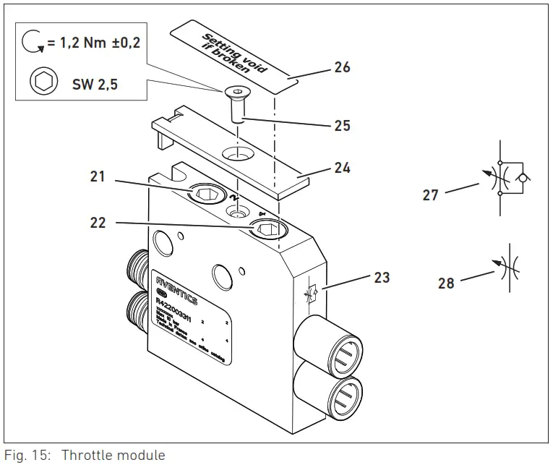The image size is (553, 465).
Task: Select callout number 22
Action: click(97, 223)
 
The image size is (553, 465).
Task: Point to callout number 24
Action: click(342, 168)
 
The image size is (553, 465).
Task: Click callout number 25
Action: click(342, 126)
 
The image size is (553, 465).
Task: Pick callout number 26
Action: click(342, 67)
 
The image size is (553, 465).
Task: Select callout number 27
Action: click(430, 195)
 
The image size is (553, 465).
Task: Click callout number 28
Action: click(446, 283)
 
